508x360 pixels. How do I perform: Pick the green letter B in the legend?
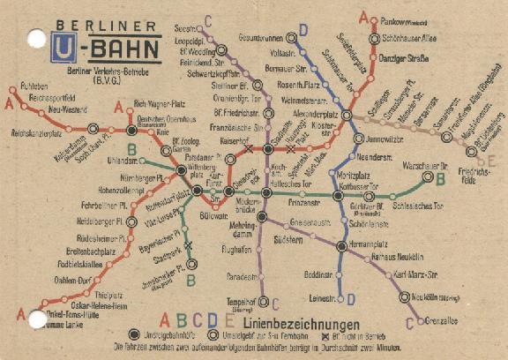[181, 321]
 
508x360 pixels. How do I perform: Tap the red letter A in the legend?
[164, 321]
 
